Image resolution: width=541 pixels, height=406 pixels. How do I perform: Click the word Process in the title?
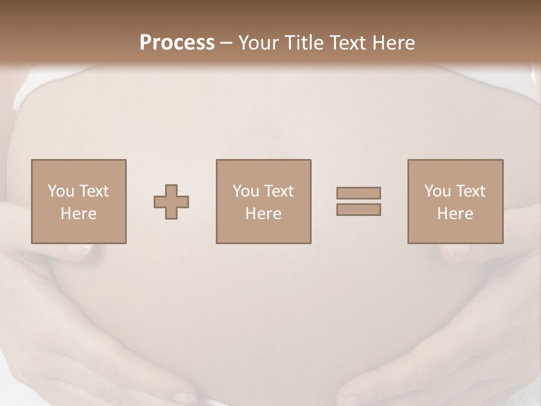177,43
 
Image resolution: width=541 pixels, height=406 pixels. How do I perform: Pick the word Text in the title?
347,43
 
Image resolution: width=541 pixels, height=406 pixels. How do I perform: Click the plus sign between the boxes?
171,202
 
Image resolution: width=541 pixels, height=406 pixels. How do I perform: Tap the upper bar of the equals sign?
358,193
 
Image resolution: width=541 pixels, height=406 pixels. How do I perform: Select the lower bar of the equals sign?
358,210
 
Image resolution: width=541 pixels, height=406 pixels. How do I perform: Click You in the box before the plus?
61,191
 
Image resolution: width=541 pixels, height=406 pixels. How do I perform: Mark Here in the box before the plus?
78,214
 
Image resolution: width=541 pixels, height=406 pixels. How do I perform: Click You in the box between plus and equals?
246,191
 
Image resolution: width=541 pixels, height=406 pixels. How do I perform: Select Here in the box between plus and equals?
263,214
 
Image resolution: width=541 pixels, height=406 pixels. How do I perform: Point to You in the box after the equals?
437,191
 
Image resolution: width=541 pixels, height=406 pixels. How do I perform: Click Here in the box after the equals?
455,214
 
